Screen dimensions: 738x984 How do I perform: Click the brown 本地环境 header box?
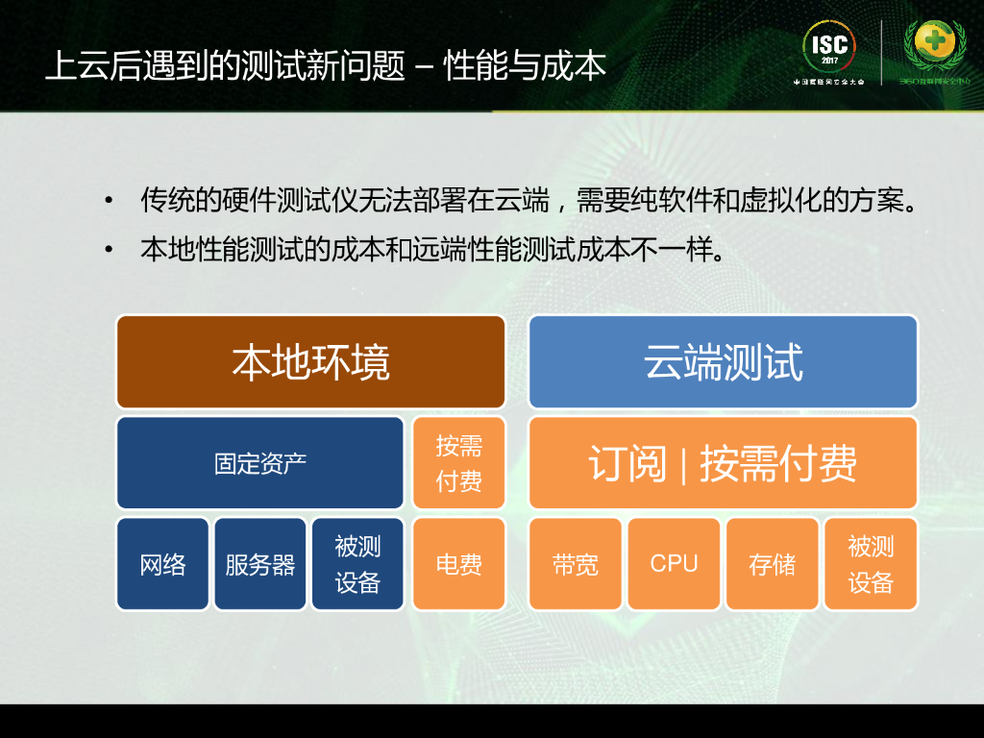point(310,362)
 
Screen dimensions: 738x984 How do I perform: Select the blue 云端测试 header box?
point(723,362)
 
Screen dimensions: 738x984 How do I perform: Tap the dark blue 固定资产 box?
point(259,463)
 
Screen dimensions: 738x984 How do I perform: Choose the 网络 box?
point(162,564)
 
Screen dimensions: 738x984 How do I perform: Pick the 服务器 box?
point(259,564)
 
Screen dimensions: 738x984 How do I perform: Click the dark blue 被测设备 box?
point(357,564)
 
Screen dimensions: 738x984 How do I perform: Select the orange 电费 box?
point(458,564)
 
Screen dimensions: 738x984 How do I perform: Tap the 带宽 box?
point(576,564)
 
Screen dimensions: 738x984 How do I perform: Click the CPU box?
point(674,564)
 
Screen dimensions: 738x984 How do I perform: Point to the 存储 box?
point(772,564)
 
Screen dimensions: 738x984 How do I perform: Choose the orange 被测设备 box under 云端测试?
point(871,564)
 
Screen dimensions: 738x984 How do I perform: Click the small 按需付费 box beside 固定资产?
point(458,463)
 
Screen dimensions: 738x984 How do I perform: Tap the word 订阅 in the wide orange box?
point(627,464)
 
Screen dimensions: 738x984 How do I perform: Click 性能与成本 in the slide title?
point(525,67)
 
